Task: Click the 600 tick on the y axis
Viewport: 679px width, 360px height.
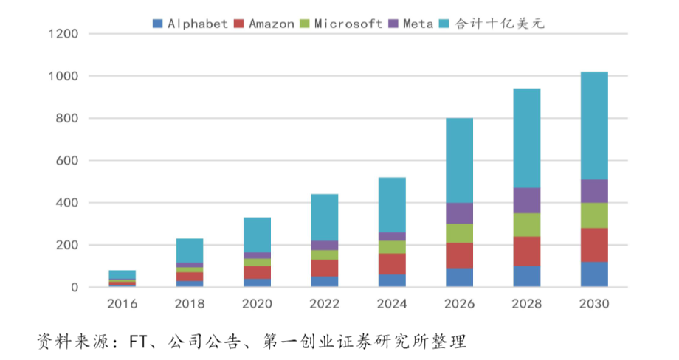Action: coord(67,161)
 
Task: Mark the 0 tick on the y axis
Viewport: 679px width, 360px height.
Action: coord(75,288)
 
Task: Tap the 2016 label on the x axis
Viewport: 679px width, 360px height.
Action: coord(122,304)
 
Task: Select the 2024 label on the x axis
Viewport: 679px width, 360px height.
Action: coord(392,304)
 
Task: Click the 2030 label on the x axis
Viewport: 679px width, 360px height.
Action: coord(594,304)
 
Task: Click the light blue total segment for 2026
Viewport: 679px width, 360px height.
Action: coord(460,160)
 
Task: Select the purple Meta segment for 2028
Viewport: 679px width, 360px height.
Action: coord(527,201)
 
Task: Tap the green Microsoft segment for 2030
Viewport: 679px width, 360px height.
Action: coord(594,215)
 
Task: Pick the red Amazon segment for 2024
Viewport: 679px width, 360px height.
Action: coord(392,264)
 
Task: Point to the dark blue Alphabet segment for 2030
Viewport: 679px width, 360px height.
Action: coord(594,274)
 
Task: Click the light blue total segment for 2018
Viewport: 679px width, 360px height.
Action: coord(190,250)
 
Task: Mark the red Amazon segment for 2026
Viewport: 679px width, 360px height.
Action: coord(460,255)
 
